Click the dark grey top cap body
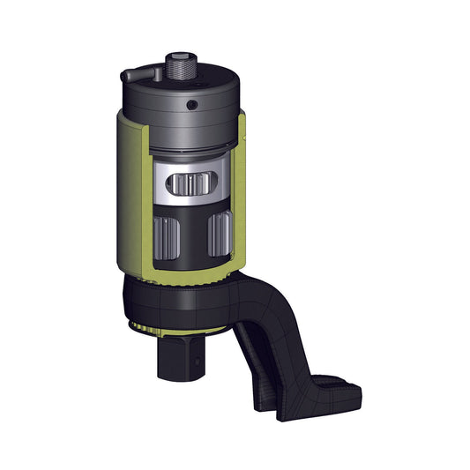(159, 110)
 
